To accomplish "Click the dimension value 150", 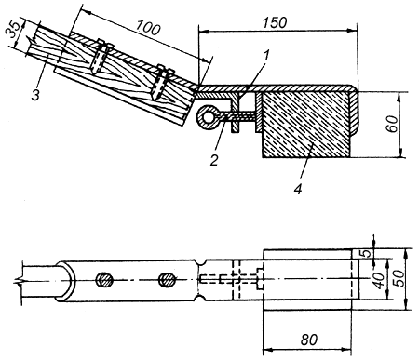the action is tap(275, 22).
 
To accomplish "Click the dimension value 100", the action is tap(148, 27).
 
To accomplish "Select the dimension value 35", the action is tap(13, 30).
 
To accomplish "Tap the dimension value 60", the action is tap(393, 124).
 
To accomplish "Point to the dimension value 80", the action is tap(309, 340).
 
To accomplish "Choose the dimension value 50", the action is tap(399, 278).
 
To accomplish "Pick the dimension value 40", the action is tap(379, 280).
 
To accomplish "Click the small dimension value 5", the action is tap(367, 253).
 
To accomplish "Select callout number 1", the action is tap(266, 55).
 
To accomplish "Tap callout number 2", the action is tap(214, 160).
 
